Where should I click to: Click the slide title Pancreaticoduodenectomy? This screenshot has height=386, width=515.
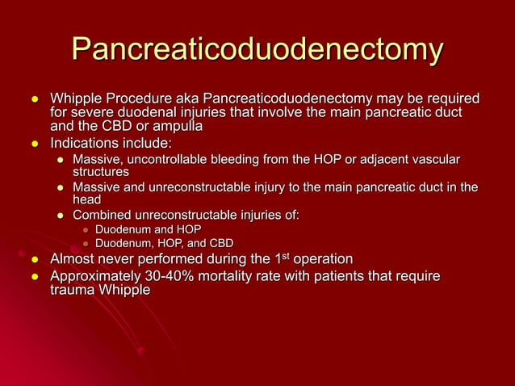click(257, 51)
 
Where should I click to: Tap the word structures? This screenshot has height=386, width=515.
click(100, 172)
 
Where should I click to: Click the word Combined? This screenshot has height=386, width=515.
click(103, 214)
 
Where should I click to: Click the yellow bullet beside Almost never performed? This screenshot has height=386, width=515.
click(36, 260)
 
